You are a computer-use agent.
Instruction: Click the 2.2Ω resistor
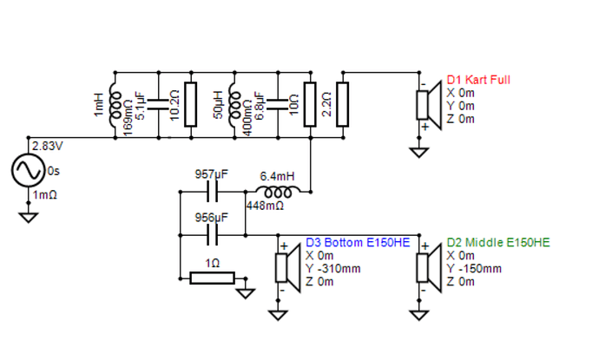pos(342,104)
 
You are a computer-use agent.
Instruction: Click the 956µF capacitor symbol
pos(212,235)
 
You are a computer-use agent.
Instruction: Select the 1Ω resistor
pos(212,278)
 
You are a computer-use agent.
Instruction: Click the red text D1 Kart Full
pos(478,80)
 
